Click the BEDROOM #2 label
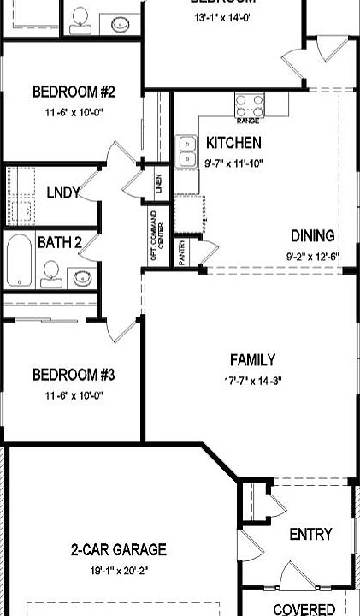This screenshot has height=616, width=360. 74,92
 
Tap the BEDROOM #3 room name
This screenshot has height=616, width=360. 74,375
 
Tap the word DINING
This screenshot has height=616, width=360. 312,236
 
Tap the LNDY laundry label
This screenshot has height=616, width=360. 63,192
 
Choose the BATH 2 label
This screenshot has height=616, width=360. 59,242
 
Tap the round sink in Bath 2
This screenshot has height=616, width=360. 82,276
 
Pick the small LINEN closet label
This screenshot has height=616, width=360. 158,183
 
